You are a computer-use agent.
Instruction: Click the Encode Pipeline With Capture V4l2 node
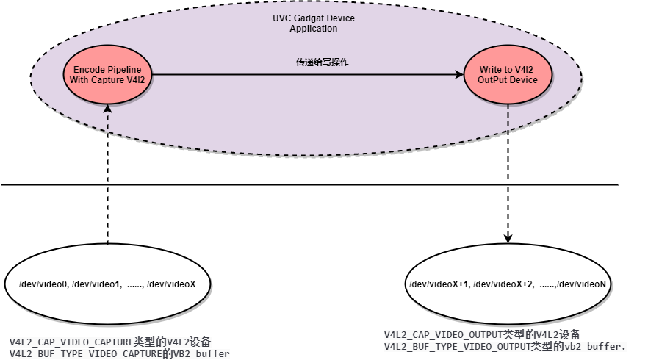click(x=109, y=74)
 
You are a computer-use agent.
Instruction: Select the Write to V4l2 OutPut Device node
click(x=507, y=74)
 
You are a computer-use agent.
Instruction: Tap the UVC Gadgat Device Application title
click(x=314, y=23)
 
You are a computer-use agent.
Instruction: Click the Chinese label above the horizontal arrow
click(x=322, y=62)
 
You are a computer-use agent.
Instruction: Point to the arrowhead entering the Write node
click(x=458, y=74)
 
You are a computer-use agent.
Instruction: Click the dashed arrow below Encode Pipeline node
click(x=108, y=118)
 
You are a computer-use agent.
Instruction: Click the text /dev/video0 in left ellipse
click(x=43, y=284)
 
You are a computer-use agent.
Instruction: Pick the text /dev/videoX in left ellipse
click(x=172, y=284)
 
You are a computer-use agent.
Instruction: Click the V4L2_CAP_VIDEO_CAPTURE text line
click(x=110, y=342)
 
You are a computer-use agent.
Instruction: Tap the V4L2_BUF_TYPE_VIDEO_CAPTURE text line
click(x=119, y=354)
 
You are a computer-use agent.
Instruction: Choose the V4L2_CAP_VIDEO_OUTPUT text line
click(x=482, y=335)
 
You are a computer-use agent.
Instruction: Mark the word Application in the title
click(x=314, y=29)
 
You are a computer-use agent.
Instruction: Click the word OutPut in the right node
click(x=493, y=79)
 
